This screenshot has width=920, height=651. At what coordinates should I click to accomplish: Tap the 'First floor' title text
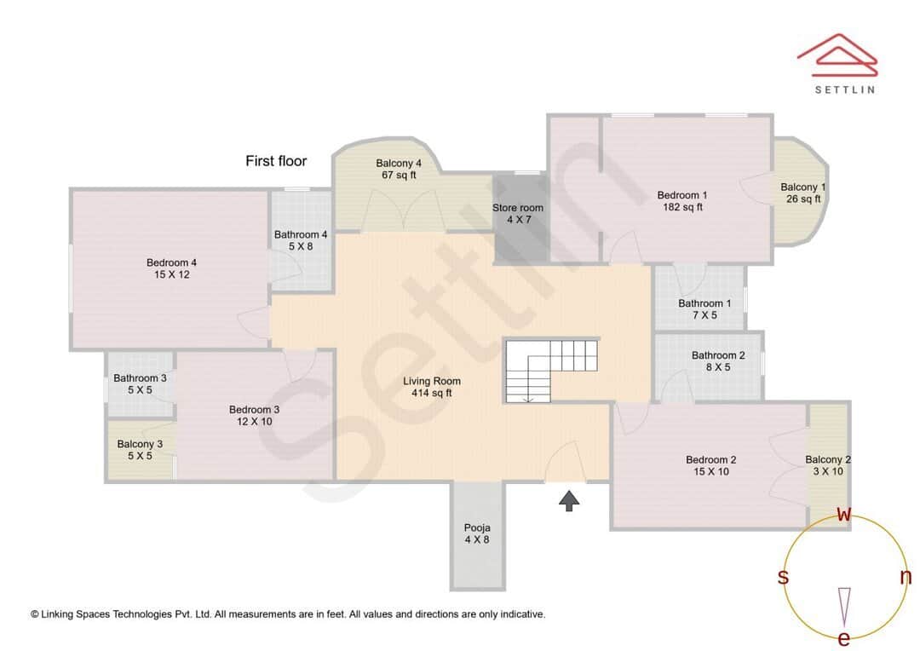(x=276, y=161)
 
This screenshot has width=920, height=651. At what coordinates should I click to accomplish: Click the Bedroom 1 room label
(x=682, y=201)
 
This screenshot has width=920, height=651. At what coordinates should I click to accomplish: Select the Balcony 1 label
(x=802, y=193)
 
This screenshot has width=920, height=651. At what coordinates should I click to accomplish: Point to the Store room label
(x=517, y=214)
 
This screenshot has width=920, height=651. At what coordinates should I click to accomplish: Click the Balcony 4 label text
(x=399, y=170)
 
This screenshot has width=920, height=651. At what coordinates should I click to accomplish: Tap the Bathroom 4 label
(x=301, y=240)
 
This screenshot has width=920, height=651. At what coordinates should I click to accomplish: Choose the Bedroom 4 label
(x=172, y=268)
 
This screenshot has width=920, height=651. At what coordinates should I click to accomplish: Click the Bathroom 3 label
(x=140, y=384)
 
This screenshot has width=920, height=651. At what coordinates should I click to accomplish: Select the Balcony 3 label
(x=140, y=450)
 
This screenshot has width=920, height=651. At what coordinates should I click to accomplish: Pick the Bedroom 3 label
(x=254, y=416)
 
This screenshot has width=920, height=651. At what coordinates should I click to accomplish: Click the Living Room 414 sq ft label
(x=432, y=387)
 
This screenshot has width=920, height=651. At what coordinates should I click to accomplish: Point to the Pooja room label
(x=477, y=533)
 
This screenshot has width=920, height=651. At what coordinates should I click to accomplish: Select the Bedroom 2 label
(x=711, y=465)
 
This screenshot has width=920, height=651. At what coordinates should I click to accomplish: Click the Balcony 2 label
(x=828, y=465)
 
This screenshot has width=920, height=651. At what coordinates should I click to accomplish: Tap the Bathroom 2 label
(x=718, y=361)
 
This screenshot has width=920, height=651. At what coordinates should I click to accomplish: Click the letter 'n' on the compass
(x=906, y=577)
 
